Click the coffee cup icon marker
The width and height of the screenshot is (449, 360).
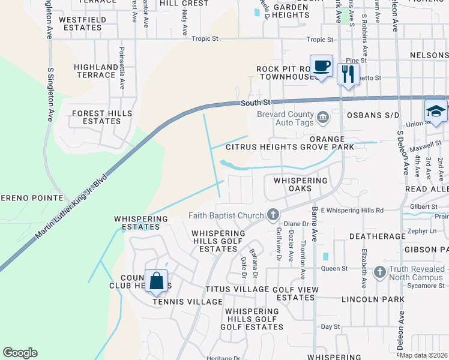[x=321, y=65]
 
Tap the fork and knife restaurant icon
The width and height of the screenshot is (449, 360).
[x=348, y=74]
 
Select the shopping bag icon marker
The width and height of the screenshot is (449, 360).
[x=156, y=281]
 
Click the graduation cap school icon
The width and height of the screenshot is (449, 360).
[x=435, y=110]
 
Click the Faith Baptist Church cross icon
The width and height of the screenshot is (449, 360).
[x=273, y=215]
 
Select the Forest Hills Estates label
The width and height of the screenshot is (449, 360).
[x=96, y=117]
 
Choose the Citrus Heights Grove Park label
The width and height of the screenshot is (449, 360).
[x=289, y=147]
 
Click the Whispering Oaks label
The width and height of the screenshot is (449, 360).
[x=301, y=184]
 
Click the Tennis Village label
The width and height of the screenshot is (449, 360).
[x=179, y=301]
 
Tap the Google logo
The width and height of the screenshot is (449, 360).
[x=20, y=353]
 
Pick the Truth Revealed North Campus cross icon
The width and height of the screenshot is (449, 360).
[x=379, y=273]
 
